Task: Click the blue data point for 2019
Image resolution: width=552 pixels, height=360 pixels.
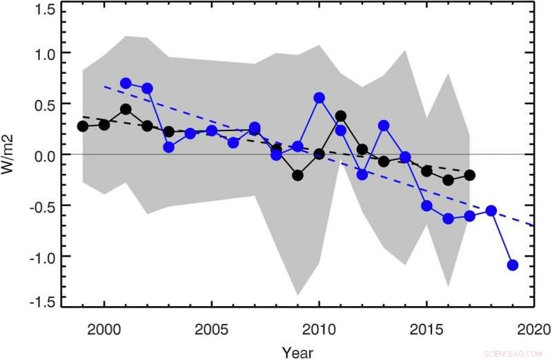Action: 513,265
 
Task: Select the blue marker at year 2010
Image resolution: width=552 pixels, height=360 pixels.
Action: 319,98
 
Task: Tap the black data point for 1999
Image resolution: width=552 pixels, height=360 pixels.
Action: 83,126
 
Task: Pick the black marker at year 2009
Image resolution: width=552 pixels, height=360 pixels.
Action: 298,175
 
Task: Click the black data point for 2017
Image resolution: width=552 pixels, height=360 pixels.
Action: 470,175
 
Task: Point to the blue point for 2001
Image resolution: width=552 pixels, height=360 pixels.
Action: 126,83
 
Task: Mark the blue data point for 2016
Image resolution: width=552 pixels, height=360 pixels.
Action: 448,219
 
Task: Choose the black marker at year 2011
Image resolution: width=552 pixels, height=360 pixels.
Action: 341,116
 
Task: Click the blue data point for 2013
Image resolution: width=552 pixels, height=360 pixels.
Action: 384,126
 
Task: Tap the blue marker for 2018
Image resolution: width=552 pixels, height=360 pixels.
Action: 491,210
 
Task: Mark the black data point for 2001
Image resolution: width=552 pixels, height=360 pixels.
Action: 126,109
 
